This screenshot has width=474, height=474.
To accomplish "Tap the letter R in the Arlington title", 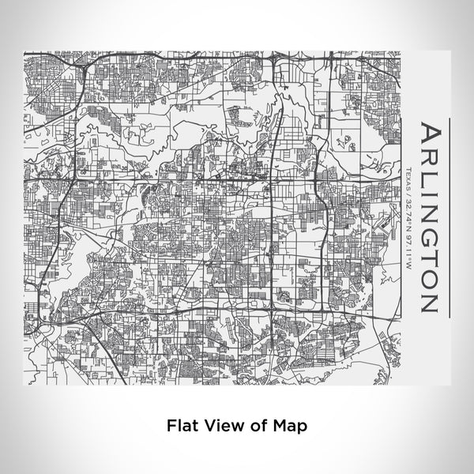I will coord(428,155).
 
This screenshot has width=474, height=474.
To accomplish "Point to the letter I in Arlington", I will coord(428,188).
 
